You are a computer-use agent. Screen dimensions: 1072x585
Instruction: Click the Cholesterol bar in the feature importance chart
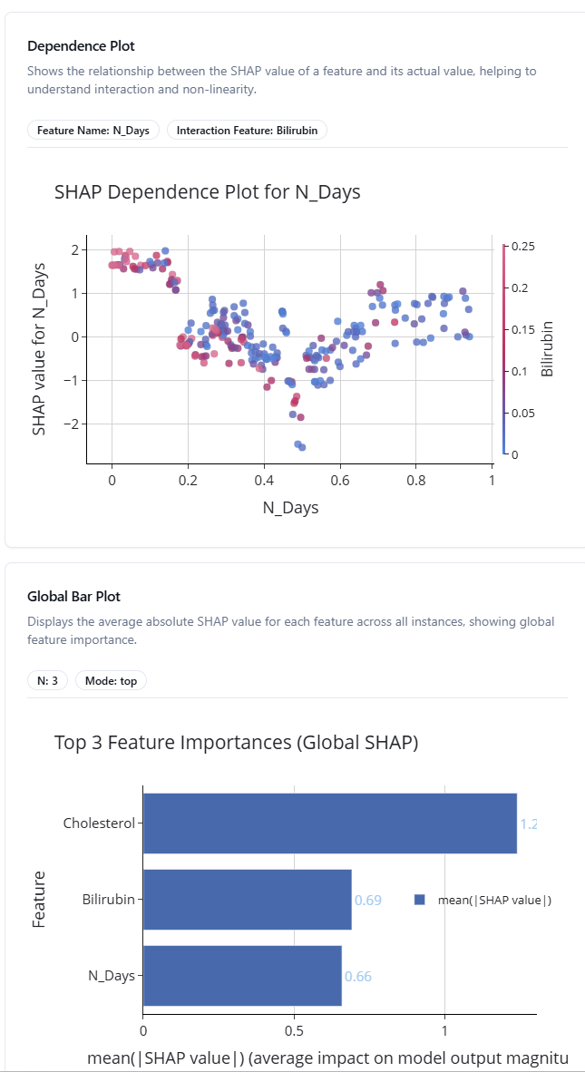coord(329,823)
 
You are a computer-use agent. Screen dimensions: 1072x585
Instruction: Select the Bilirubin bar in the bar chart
coord(247,900)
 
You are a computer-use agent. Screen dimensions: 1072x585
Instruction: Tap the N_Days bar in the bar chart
coord(242,976)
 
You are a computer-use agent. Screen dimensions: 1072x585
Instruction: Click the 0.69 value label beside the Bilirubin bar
coord(367,901)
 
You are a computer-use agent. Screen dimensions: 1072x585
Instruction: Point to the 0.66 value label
coord(357,977)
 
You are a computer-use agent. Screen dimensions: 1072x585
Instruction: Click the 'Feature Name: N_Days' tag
coord(93,130)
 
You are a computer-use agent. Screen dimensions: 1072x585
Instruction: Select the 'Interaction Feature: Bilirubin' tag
coord(247,130)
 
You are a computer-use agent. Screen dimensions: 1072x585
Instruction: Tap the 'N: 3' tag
coord(48,680)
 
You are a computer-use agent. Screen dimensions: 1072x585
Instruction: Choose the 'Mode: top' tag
coord(111,680)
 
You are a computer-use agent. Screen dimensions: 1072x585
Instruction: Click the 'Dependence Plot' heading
coord(81,45)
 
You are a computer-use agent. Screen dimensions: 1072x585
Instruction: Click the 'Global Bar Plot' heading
coord(73,597)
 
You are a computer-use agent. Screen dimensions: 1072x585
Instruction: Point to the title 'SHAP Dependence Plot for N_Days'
coord(208,191)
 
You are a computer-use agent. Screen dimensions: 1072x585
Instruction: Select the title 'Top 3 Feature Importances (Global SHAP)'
coord(236,743)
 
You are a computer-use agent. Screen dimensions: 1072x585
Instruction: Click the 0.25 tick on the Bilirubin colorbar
coord(523,246)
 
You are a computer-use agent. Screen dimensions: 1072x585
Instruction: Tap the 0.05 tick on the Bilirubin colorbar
coord(523,413)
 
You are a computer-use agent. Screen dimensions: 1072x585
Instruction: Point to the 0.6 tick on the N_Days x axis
coord(339,479)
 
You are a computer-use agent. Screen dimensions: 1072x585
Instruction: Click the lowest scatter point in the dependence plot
coord(302,447)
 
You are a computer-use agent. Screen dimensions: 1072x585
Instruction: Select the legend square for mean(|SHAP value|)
coord(419,900)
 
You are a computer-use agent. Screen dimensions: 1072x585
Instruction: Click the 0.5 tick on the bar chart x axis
coord(294,1031)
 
